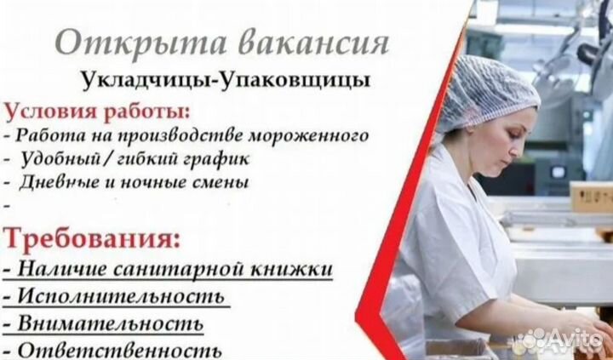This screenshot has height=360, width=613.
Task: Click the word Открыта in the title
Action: (x=140, y=43)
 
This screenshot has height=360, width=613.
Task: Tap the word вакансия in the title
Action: (x=313, y=43)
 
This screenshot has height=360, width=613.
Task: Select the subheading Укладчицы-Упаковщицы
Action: (x=226, y=81)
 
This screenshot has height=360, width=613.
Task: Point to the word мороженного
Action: (x=308, y=135)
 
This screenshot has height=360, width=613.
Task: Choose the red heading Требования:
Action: (x=92, y=238)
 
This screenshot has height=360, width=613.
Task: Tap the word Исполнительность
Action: (x=122, y=297)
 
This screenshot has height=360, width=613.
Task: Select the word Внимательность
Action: (x=111, y=323)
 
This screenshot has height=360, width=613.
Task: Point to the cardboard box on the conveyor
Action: (x=590, y=197)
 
